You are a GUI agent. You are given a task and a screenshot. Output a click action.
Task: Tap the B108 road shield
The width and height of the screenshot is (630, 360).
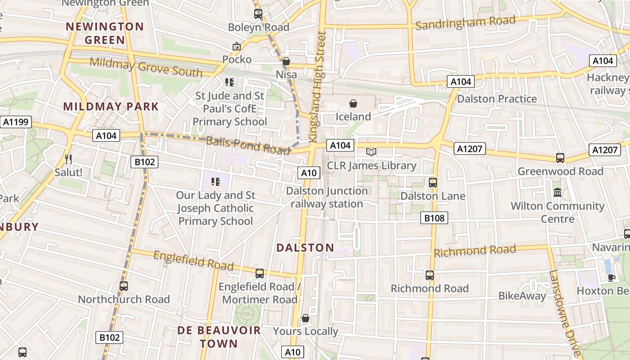pyautogui.click(x=434, y=218)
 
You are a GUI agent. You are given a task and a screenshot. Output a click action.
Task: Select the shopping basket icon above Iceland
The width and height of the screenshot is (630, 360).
pyautogui.click(x=353, y=104)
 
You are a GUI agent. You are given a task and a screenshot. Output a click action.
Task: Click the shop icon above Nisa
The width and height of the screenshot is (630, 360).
pyautogui.click(x=286, y=61)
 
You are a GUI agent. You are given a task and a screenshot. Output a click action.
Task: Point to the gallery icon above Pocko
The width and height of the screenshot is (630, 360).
pyautogui.click(x=236, y=46)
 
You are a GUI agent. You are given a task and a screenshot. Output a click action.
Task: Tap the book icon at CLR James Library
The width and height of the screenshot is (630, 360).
pyautogui.click(x=371, y=152)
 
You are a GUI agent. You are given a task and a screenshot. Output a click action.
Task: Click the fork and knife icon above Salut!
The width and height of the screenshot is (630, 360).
pyautogui.click(x=68, y=159)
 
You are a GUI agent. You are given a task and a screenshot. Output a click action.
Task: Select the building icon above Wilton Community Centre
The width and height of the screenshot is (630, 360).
pyautogui.click(x=558, y=193)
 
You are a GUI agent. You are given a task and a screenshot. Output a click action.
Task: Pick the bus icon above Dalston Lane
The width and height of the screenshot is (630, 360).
pyautogui.click(x=433, y=183)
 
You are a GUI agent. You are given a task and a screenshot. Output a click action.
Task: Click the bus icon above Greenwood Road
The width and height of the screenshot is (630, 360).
pyautogui.click(x=560, y=158)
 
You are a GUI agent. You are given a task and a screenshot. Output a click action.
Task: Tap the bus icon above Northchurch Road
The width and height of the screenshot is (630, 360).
pyautogui.click(x=123, y=286)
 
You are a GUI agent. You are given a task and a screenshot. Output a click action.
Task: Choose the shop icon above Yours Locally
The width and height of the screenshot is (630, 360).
pyautogui.click(x=306, y=319)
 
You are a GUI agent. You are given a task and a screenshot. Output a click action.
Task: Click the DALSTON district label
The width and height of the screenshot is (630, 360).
pyautogui.click(x=305, y=247)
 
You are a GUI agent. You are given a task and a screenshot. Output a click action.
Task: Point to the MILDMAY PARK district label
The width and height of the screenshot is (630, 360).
pyautogui.click(x=111, y=107)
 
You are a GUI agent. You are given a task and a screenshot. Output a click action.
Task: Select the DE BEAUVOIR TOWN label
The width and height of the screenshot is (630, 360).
pyautogui.click(x=219, y=337)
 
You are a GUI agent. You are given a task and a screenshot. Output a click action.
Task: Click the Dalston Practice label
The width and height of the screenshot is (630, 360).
pyautogui.click(x=497, y=99)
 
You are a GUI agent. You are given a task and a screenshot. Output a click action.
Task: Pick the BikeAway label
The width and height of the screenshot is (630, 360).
pyautogui.click(x=522, y=296)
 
